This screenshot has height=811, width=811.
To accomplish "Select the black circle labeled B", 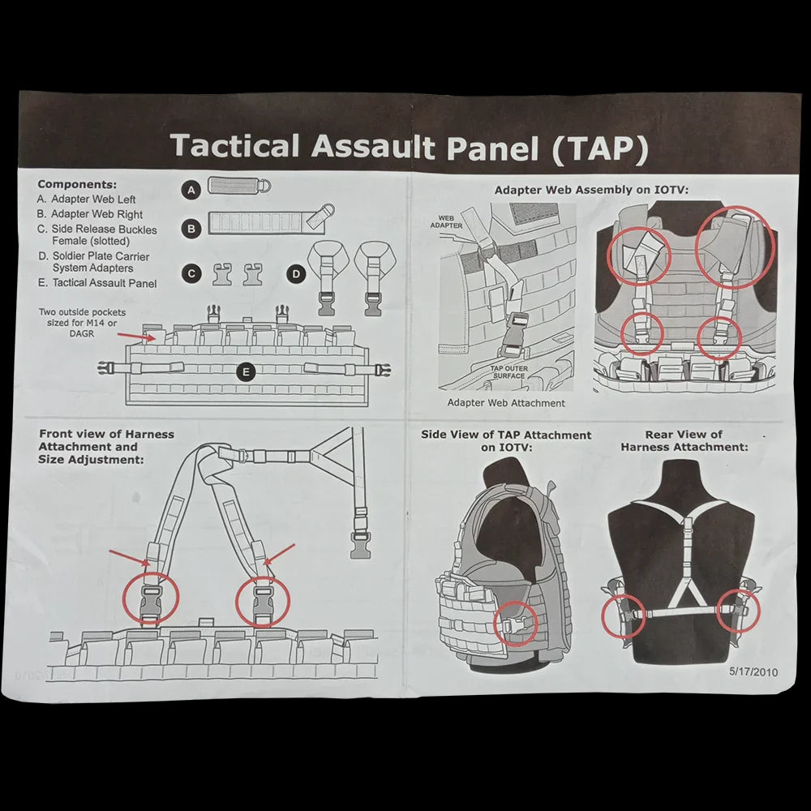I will (191, 229).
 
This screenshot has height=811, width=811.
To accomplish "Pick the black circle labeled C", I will (191, 274).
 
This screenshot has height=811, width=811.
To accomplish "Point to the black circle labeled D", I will (296, 274).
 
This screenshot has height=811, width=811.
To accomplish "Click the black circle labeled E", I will (247, 372).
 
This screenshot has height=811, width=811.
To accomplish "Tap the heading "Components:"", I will (77, 184).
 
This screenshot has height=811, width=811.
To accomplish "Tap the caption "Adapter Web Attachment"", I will (506, 402).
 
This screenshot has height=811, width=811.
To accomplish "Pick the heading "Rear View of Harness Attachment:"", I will (684, 441).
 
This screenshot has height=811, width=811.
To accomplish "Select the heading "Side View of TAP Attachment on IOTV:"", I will (506, 441).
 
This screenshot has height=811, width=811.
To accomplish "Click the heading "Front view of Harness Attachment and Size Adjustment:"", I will (94, 447).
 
